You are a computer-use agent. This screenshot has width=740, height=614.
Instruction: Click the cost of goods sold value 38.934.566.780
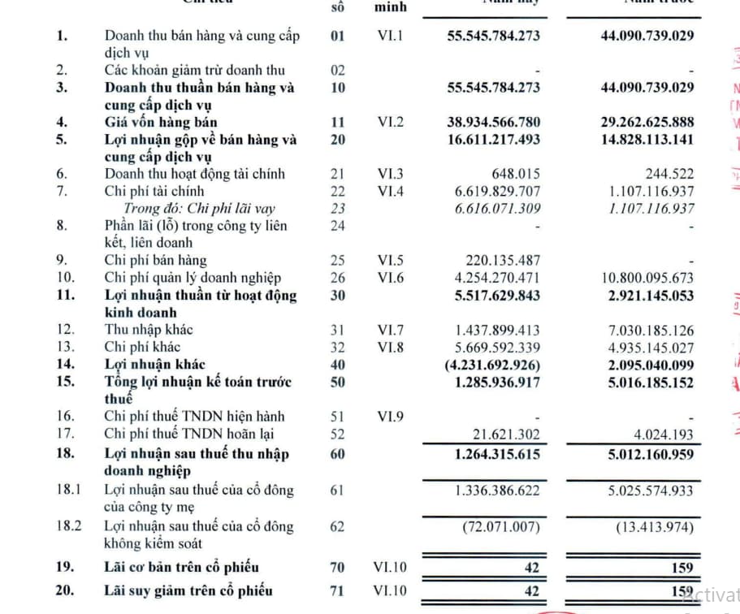pyautogui.click(x=493, y=123)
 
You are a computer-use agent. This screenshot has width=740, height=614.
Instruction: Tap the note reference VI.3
pyautogui.click(x=390, y=174)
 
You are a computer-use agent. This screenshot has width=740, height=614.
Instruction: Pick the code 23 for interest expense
pyautogui.click(x=338, y=209)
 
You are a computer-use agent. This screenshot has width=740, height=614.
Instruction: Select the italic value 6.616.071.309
pyautogui.click(x=493, y=209)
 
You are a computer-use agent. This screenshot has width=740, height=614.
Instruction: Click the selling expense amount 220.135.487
pyautogui.click(x=503, y=261)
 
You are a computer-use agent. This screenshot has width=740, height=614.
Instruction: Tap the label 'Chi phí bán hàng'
pyautogui.click(x=155, y=261)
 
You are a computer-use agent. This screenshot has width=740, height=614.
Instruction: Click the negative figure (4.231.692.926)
pyautogui.click(x=492, y=365)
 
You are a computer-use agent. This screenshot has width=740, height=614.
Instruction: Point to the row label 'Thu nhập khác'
pyautogui.click(x=149, y=330)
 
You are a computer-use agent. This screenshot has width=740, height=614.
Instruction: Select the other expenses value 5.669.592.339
pyautogui.click(x=493, y=347)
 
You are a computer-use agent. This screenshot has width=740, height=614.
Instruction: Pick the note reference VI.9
pyautogui.click(x=390, y=417)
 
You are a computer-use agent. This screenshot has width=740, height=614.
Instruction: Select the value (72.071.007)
pyautogui.click(x=501, y=526)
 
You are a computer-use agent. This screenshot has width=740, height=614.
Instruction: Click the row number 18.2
pyautogui.click(x=69, y=526)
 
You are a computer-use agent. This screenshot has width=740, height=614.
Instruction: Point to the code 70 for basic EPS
pyautogui.click(x=338, y=567)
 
